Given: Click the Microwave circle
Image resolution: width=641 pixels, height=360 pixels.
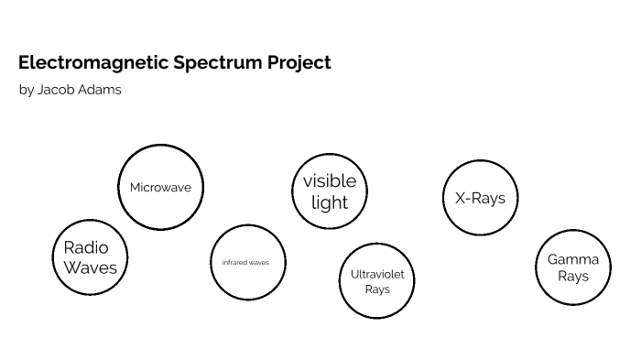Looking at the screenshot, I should point(160,187).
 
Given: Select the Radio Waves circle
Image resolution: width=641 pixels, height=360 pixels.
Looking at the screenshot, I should point(90,257).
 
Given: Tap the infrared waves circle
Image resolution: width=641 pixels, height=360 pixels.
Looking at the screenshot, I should point(247,262).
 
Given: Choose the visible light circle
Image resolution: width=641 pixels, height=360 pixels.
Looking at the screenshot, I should point(330,191).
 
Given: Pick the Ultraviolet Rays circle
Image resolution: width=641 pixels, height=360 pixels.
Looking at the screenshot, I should point(376,281).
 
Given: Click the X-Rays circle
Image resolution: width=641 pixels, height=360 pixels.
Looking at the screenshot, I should point(480,198).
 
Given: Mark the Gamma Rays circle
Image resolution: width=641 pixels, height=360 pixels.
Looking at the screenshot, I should point(572,267).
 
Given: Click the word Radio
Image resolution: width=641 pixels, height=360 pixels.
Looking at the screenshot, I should point(86,247).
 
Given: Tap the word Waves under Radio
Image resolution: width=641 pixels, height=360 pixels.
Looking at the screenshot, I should point(90,267).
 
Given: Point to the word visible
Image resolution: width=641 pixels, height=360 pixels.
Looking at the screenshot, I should point(330,180).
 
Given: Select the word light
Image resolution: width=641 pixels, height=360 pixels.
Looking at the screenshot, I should point(330,202).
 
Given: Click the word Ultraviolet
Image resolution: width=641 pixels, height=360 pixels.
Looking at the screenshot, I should point(377,274).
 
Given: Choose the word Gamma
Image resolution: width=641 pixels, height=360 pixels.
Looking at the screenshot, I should point(573,259).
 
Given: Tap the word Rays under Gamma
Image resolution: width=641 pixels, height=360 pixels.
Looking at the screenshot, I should point(573,277).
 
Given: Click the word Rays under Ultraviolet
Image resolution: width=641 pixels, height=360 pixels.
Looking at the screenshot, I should point(377,289).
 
